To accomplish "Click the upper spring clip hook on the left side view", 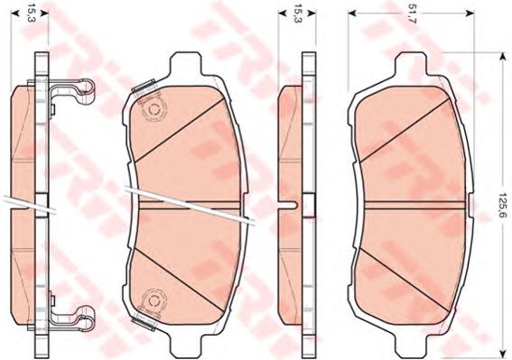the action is (x=86, y=88).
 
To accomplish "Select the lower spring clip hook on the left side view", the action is (x=86, y=315).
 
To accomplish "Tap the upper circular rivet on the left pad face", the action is (x=154, y=110).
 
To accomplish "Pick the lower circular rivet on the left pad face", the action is (x=154, y=300).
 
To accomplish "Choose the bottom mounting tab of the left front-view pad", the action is (x=185, y=345).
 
